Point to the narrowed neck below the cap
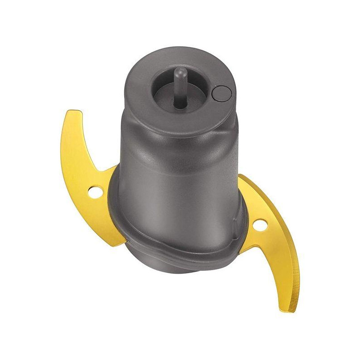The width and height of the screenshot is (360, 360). click(x=180, y=135)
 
